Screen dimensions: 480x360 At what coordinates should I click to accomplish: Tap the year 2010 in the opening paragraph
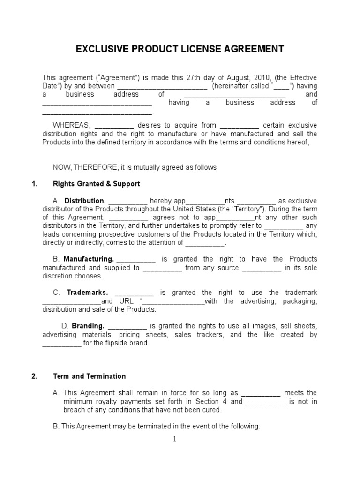coord(262,77)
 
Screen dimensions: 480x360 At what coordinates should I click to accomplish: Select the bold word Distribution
coord(85,201)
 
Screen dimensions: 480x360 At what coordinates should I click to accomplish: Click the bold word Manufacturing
coord(89,259)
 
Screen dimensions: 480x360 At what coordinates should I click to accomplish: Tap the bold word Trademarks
coord(87,292)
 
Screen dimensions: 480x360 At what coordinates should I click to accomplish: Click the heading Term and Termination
coord(90,376)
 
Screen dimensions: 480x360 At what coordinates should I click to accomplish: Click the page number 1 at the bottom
coord(174,439)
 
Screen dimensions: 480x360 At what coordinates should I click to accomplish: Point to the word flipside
coord(107,343)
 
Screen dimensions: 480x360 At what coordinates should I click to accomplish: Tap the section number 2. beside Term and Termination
coord(34,376)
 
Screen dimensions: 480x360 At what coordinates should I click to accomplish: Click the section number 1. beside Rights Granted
coord(34,184)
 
